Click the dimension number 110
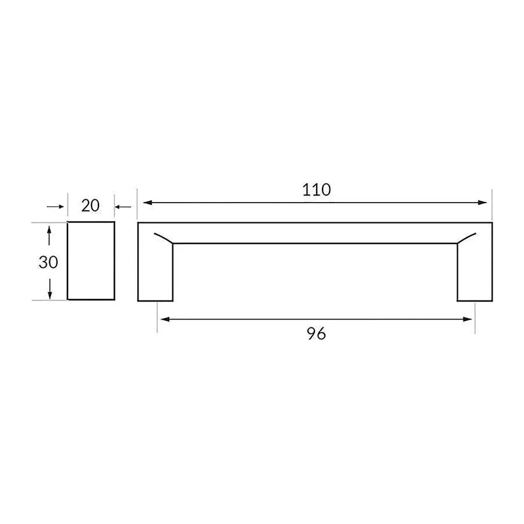pos(316,189)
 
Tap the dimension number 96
pos(316,334)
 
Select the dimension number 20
pos(90,205)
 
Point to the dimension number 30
pos(48,262)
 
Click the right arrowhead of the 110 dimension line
pos(482,203)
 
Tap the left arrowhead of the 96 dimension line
pos(165,319)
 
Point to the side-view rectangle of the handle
pos(91,261)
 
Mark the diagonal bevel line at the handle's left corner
pos(164,238)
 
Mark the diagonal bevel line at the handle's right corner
pos(467,238)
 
